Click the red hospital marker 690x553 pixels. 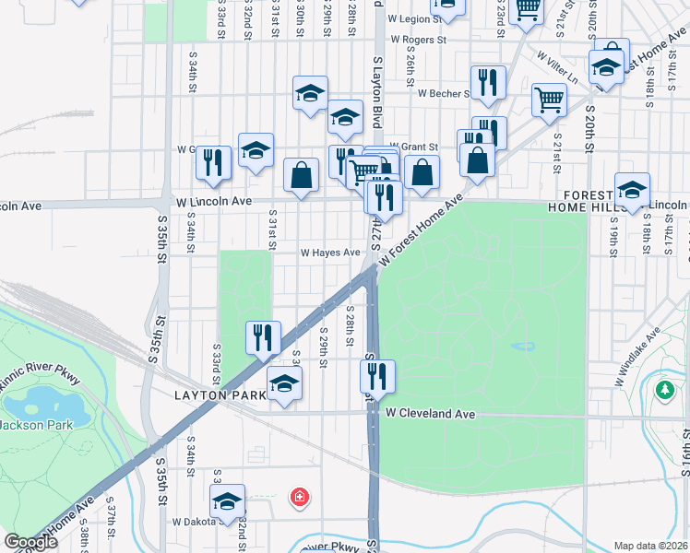pos(299,499)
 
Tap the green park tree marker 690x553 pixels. pos(664,391)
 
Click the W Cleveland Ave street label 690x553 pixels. pos(430,415)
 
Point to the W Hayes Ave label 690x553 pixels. pos(329,253)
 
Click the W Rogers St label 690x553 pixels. pos(418,41)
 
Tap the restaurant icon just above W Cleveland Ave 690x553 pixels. pos(377,376)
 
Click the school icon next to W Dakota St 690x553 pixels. pos(227,502)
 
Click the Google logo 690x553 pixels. pos(30,542)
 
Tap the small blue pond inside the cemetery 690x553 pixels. pos(522,347)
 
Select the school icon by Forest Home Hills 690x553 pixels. pos(632,191)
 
